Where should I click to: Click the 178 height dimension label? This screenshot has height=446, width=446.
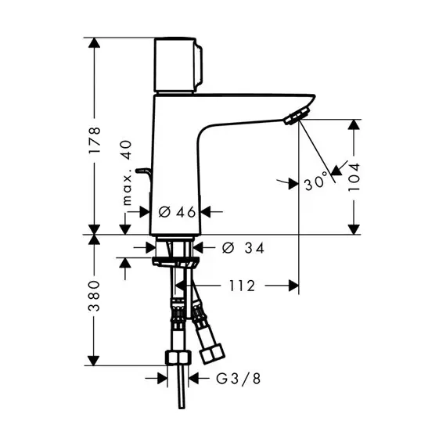[x=95, y=141]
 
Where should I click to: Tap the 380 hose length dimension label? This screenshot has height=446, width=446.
[x=95, y=296]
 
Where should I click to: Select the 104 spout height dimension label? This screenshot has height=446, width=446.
[x=354, y=177]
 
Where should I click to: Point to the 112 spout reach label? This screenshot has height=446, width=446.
[x=243, y=286]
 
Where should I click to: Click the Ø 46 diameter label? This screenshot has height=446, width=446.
[x=177, y=212]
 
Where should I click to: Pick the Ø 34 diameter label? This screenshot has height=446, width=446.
[x=243, y=248]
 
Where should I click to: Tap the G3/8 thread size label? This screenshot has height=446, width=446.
[x=239, y=379]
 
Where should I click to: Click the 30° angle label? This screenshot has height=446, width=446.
[x=315, y=182]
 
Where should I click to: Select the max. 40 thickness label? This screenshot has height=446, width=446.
[x=127, y=173]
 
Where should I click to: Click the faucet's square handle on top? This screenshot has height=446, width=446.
[x=178, y=65]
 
